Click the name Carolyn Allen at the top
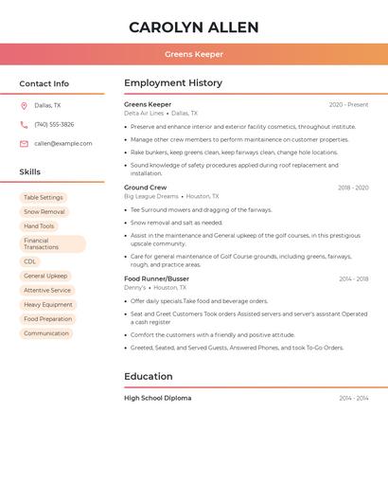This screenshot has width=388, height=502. click(193, 27)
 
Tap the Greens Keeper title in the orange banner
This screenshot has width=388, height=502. click(193, 54)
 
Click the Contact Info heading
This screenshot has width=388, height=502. click(44, 83)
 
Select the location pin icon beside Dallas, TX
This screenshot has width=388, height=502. click(24, 106)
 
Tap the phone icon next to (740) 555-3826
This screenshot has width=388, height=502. click(24, 125)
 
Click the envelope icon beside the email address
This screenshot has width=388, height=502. click(24, 144)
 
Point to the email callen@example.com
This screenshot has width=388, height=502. click(63, 144)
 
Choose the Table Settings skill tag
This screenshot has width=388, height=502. click(44, 198)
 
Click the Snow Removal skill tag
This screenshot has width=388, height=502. click(44, 212)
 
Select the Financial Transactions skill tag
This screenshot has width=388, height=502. click(52, 243)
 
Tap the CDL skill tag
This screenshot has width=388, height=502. click(30, 261)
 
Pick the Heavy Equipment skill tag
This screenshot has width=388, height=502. click(48, 305)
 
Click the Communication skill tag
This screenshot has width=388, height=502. click(46, 333)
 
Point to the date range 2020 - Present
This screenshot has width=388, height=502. click(348, 104)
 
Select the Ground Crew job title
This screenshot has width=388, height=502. click(145, 188)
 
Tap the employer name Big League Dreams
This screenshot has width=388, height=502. click(151, 196)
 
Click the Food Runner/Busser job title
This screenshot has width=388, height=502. click(156, 278)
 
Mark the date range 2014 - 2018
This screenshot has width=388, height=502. click(354, 279)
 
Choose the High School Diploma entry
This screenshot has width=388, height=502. click(157, 398)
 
